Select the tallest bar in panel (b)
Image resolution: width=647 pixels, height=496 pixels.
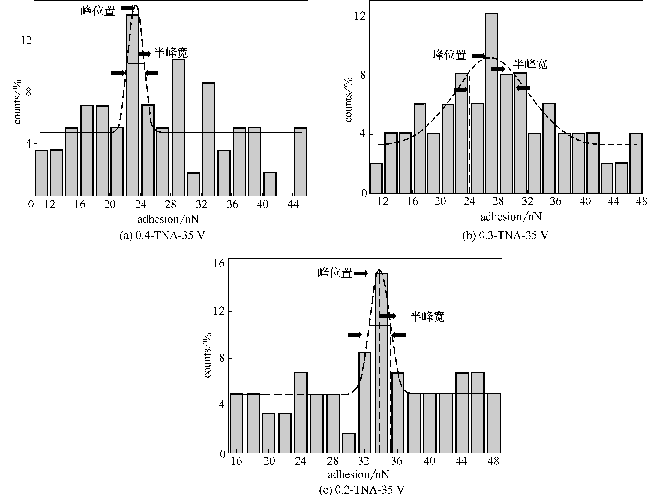(x=491, y=103)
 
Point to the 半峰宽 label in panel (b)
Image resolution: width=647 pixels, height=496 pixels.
(x=530, y=64)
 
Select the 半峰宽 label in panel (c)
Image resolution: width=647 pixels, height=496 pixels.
(x=427, y=317)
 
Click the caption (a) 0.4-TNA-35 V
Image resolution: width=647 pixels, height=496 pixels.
(x=162, y=236)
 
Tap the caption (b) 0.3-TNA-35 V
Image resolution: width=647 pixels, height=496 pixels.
(x=505, y=236)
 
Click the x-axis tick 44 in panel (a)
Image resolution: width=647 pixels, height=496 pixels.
(x=293, y=204)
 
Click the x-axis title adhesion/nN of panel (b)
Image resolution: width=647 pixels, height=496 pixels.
(x=511, y=217)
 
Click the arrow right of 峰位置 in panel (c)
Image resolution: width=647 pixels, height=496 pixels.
(x=361, y=274)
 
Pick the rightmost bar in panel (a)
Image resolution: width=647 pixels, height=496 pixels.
(x=301, y=162)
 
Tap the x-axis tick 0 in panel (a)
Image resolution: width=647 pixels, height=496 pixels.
(x=31, y=204)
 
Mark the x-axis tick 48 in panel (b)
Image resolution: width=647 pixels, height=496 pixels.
(x=641, y=201)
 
